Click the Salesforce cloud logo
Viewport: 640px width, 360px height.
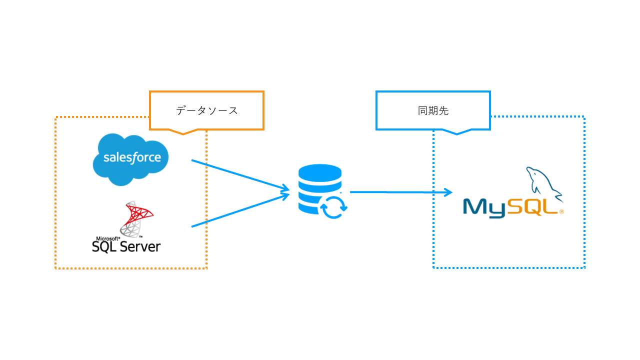131,158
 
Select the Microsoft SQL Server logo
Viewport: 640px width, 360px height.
126,227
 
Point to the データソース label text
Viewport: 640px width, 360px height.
206,111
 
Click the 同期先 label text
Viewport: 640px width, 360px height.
433,111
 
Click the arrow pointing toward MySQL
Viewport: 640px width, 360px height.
400,192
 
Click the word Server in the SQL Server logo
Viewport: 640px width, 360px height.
140,246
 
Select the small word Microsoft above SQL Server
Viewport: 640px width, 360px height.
105,238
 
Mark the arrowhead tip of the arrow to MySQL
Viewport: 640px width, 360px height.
451,192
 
